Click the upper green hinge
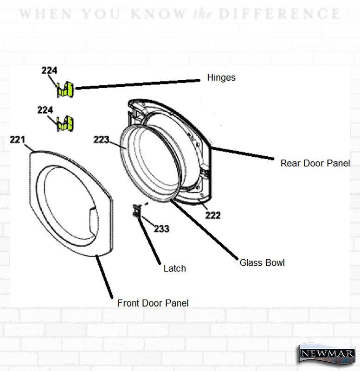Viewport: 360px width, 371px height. (x=65, y=90)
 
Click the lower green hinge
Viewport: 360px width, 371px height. (x=65, y=124)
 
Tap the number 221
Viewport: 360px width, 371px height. (x=18, y=140)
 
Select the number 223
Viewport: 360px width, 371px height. (x=101, y=140)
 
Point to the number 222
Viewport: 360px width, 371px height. (x=213, y=215)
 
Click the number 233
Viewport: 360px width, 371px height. (x=161, y=229)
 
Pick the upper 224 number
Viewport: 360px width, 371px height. (x=49, y=70)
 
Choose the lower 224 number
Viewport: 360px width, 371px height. (x=45, y=110)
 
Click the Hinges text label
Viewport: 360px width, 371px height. (x=221, y=77)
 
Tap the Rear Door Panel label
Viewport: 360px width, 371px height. (x=315, y=163)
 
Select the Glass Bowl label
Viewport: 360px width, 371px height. (x=262, y=263)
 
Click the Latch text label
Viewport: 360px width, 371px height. (x=175, y=269)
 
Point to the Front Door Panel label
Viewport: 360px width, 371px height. (x=153, y=303)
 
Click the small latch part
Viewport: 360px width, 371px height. (x=137, y=211)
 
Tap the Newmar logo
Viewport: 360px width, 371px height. (x=328, y=353)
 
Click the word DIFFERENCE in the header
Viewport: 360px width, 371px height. (x=280, y=14)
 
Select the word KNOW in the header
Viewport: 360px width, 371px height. (x=158, y=14)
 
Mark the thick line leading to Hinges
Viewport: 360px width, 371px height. (x=138, y=84)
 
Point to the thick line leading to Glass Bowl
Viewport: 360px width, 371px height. (x=204, y=230)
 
